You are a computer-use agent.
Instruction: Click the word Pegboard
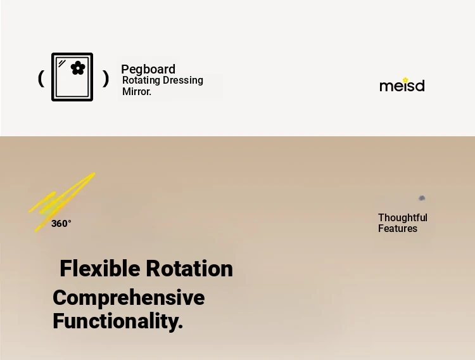[148, 70]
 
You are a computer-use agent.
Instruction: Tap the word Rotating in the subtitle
[141, 80]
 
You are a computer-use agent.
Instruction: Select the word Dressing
[183, 80]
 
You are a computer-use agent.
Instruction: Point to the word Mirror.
[137, 91]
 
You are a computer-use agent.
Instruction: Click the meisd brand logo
[402, 85]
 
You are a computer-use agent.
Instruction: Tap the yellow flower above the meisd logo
[405, 80]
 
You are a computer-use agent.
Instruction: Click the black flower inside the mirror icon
[78, 68]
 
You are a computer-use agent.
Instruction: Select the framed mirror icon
[72, 77]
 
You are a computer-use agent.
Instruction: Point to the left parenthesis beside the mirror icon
[41, 79]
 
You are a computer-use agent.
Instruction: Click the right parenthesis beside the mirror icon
[105, 79]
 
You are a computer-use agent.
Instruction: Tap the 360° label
[61, 224]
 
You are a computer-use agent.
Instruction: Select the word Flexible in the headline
[99, 269]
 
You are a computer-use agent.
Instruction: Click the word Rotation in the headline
[189, 269]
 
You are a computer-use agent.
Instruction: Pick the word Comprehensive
[129, 298]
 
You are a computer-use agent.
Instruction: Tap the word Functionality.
[118, 321]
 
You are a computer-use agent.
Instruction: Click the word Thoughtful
[403, 218]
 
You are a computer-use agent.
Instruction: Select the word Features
[398, 228]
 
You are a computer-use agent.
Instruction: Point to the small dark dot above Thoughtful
[422, 198]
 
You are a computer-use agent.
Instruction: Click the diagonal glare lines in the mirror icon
[62, 63]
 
